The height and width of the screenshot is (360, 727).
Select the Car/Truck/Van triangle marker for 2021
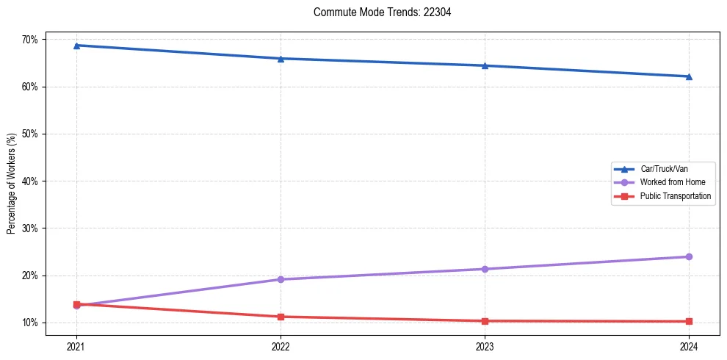[x=76, y=46]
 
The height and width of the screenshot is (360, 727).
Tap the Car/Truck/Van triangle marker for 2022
[x=281, y=59]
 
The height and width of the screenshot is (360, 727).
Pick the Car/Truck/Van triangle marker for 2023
[x=485, y=65]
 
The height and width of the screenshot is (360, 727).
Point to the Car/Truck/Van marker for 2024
[x=689, y=76]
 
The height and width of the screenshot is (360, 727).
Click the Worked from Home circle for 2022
[x=281, y=279]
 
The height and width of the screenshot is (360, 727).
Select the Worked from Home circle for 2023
[x=485, y=269]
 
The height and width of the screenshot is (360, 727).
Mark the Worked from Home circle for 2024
[x=689, y=256]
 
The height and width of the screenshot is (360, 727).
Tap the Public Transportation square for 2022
[x=281, y=317]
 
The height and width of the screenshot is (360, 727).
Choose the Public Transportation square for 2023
[x=485, y=321]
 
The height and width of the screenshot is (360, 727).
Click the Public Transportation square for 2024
[x=689, y=321]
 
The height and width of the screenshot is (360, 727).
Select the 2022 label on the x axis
[x=281, y=345]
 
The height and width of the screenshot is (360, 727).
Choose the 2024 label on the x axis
[x=689, y=345]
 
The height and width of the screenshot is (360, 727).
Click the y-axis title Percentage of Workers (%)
[x=12, y=184]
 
